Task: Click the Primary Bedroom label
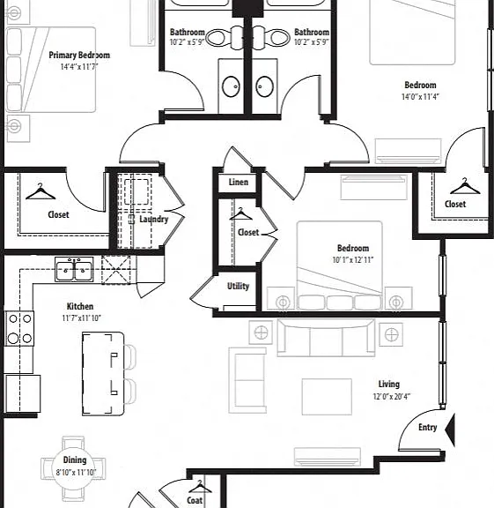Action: tap(79, 55)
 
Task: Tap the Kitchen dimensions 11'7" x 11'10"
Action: tap(82, 318)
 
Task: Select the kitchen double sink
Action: tap(74, 269)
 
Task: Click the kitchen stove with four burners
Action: tap(19, 328)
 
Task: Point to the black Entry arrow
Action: tap(450, 430)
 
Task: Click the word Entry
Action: tap(428, 428)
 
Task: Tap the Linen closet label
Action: tap(239, 182)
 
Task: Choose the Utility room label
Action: tap(238, 286)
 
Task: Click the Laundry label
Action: tap(154, 220)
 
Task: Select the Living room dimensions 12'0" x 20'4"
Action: tap(392, 396)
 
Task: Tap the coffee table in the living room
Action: tap(327, 397)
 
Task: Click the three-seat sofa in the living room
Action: tap(326, 338)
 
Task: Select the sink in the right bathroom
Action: tap(265, 86)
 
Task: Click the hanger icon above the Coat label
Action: tap(200, 487)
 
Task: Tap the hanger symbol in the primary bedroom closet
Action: tap(41, 191)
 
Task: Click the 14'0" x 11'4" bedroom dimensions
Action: tap(420, 96)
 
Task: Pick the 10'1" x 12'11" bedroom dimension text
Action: tap(353, 260)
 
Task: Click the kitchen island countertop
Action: tap(103, 374)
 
